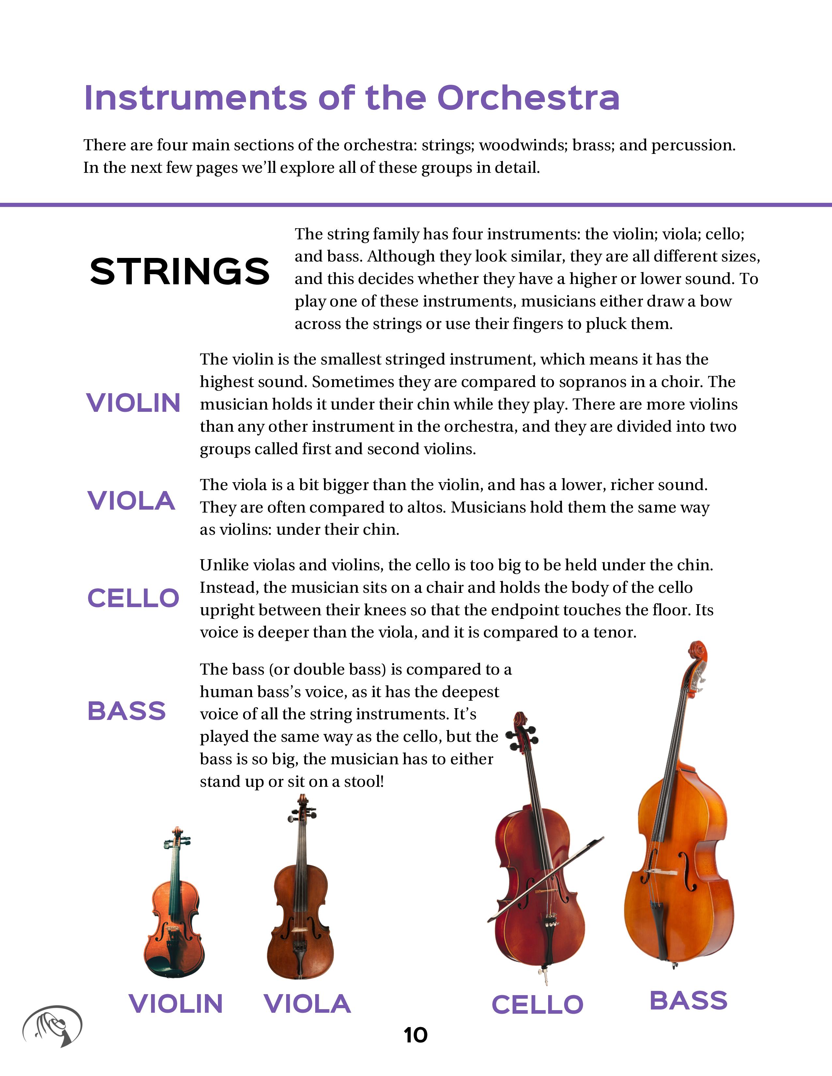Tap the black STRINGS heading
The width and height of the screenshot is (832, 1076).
pos(179,272)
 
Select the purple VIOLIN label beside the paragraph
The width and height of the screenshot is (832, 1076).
pos(133,403)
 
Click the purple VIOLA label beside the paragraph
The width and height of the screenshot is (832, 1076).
pos(131,501)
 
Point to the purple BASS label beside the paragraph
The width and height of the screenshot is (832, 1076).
pos(127,711)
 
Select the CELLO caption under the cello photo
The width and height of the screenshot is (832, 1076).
pos(537,1005)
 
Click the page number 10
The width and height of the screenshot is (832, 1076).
pos(415,1036)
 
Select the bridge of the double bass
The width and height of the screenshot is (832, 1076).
pos(663,872)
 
